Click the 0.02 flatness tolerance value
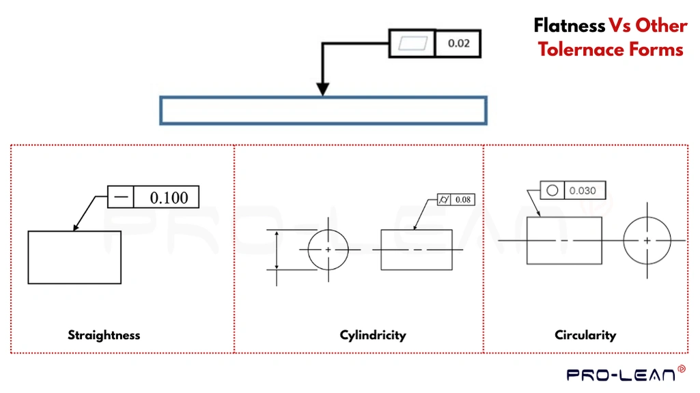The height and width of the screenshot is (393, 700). pyautogui.click(x=458, y=44)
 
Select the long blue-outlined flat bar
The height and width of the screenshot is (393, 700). pyautogui.click(x=323, y=111)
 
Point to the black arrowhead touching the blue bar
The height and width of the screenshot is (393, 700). pyautogui.click(x=323, y=89)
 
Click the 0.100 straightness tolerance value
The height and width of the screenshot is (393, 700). pyautogui.click(x=169, y=197)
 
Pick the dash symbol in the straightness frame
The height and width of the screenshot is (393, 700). pyautogui.click(x=121, y=197)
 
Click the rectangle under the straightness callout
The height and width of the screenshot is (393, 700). pyautogui.click(x=74, y=257)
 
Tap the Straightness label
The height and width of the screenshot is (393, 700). pyautogui.click(x=104, y=335)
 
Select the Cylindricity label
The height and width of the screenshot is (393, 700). pyautogui.click(x=373, y=335)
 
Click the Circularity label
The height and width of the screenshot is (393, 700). pyautogui.click(x=585, y=335)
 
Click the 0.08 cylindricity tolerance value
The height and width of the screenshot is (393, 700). pyautogui.click(x=463, y=200)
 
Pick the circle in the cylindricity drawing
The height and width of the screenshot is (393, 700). pyautogui.click(x=328, y=250)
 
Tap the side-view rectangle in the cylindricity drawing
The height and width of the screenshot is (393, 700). pyautogui.click(x=417, y=250)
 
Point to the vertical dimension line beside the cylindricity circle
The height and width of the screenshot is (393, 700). pyautogui.click(x=277, y=250)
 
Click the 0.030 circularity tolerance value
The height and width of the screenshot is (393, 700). pyautogui.click(x=583, y=190)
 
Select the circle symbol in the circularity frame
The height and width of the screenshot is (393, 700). pyautogui.click(x=552, y=190)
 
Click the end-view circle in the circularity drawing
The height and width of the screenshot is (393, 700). pyautogui.click(x=647, y=241)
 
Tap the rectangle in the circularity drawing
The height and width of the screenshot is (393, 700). pyautogui.click(x=564, y=241)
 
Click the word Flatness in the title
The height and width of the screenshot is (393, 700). pyautogui.click(x=569, y=26)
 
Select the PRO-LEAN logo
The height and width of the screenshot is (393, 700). pyautogui.click(x=621, y=374)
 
